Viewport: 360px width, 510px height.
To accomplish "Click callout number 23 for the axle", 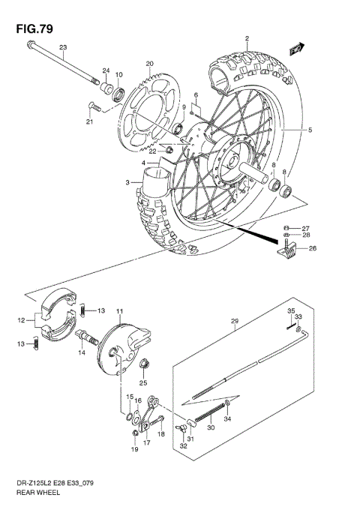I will [x=64, y=48].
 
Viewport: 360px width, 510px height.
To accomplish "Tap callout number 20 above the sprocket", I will [x=149, y=64].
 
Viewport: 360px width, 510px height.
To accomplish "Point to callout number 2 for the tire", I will [x=246, y=38].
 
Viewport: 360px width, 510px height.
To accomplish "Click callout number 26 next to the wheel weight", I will [x=313, y=249].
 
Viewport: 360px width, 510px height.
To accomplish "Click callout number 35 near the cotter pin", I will [x=292, y=310].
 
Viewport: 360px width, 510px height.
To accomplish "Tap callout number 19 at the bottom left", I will [x=135, y=451].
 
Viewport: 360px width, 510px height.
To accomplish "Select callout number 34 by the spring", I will [x=228, y=420].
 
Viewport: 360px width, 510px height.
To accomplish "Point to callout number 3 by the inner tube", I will [x=128, y=182].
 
